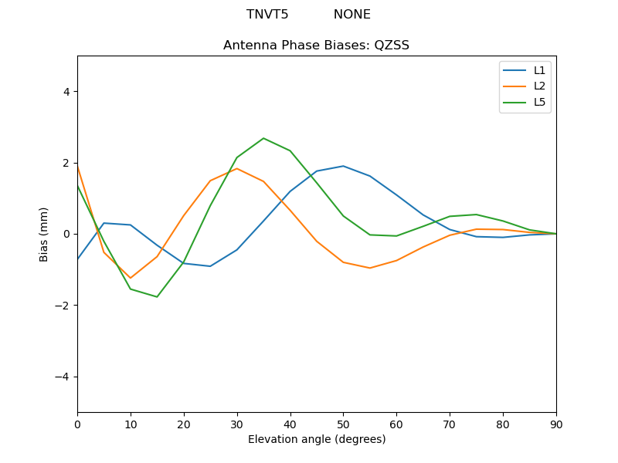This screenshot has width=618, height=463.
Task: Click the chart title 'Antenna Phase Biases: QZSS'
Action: click(x=316, y=46)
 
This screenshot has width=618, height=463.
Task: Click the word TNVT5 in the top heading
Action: click(x=267, y=15)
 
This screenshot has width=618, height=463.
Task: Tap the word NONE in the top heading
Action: click(x=351, y=15)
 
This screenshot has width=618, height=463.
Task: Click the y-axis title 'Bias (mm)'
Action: click(x=44, y=234)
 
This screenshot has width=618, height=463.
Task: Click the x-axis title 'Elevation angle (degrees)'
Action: click(x=316, y=440)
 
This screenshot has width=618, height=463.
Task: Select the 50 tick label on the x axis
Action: click(x=343, y=424)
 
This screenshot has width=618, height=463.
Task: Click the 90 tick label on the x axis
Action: click(x=556, y=424)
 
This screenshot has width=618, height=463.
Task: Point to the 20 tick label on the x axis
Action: click(x=184, y=424)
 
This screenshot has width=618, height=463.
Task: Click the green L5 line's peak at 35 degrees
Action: click(x=263, y=138)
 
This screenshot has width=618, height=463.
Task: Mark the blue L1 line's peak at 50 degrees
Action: click(x=343, y=166)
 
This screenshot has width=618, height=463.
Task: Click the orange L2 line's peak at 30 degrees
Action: click(x=237, y=168)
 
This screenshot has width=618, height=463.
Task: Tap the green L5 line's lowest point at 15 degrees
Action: click(x=157, y=297)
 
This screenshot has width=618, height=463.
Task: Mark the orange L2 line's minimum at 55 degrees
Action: click(x=370, y=268)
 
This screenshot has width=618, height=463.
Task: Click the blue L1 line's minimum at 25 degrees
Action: click(x=210, y=266)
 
